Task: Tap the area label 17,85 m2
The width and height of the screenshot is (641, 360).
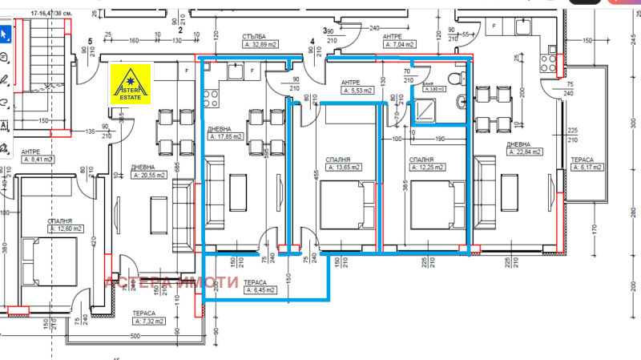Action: pos(227,136)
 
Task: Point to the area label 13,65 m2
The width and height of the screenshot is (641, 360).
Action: pos(341,168)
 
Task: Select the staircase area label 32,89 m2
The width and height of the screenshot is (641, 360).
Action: pos(265,46)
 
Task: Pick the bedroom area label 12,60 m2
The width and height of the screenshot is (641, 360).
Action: pos(65,229)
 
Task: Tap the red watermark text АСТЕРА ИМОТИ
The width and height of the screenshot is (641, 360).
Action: pos(172,282)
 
